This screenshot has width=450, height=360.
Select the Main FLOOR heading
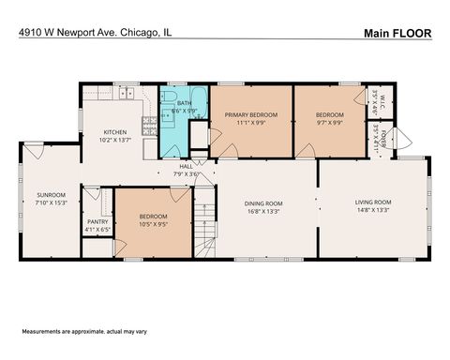(397, 33)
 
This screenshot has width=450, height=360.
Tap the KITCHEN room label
(114, 132)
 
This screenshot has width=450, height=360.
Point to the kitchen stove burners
(148, 123)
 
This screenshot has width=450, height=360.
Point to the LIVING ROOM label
(373, 202)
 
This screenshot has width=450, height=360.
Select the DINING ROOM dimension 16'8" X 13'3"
(264, 211)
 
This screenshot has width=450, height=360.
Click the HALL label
(187, 166)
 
